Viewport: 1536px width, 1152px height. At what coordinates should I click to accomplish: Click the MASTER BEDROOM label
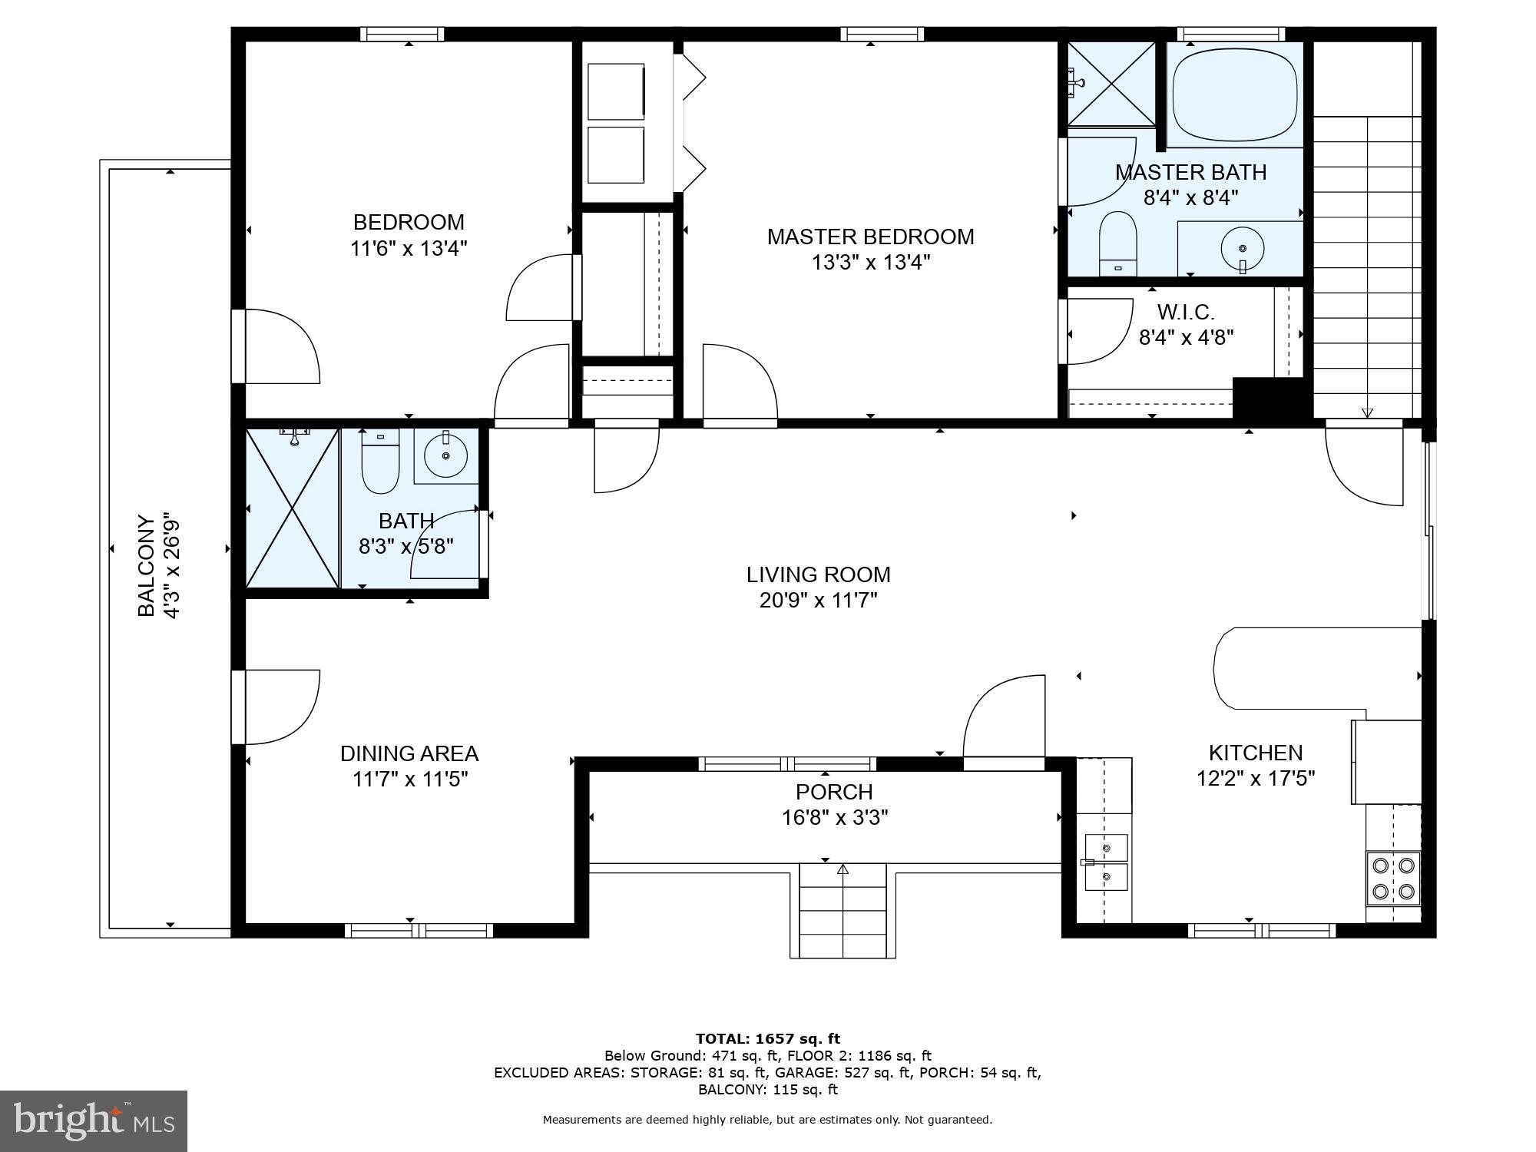click(x=870, y=237)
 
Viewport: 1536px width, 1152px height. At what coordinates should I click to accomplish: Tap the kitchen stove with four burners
click(x=1392, y=878)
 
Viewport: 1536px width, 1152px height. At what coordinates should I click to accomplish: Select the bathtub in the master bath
click(x=1234, y=94)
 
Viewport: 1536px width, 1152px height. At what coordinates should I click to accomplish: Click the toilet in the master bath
click(x=1117, y=242)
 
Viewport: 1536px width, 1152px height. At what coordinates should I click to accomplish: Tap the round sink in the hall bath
click(x=446, y=455)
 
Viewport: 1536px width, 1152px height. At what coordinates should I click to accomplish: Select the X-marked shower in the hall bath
click(x=292, y=508)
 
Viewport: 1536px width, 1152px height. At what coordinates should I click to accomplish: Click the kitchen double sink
click(x=1106, y=862)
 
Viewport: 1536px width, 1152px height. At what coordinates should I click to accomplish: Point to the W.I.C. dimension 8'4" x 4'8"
click(x=1186, y=338)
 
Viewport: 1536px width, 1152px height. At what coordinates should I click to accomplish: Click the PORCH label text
click(x=834, y=792)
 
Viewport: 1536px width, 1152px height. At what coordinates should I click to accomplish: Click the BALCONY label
click(x=146, y=565)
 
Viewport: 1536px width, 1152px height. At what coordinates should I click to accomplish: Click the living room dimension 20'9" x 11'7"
click(x=818, y=601)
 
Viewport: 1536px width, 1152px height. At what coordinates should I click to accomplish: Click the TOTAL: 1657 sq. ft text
click(x=767, y=1039)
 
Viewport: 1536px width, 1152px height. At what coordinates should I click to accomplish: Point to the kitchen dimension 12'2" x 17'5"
click(x=1256, y=779)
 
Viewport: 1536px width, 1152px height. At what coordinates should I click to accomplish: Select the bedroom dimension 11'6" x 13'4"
click(x=409, y=249)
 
